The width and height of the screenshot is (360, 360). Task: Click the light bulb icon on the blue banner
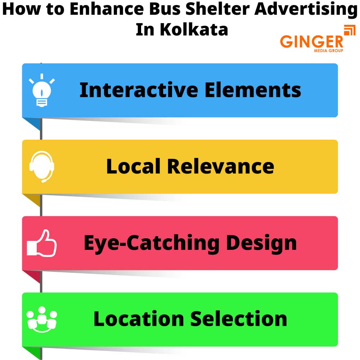click(x=42, y=90)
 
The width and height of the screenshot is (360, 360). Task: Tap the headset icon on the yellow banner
click(x=42, y=166)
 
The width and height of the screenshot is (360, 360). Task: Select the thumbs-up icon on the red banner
click(x=42, y=244)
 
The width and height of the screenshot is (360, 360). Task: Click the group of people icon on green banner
click(x=42, y=319)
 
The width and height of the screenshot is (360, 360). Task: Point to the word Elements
click(x=253, y=90)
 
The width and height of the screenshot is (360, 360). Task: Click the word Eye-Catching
click(x=151, y=243)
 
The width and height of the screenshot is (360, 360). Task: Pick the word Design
click(x=261, y=243)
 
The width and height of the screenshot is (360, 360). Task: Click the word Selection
click(x=238, y=319)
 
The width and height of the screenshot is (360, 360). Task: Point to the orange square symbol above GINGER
click(x=349, y=30)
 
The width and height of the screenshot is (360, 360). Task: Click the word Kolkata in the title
click(x=194, y=30)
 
